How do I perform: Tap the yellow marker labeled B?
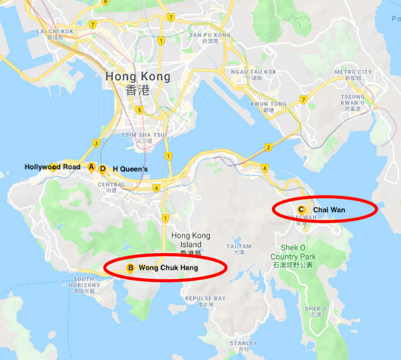tap(129, 268)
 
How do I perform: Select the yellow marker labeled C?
tap(301, 209)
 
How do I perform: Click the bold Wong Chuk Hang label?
tap(168, 268)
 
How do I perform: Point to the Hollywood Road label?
tap(53, 167)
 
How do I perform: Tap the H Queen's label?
tap(130, 169)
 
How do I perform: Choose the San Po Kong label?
tap(210, 35)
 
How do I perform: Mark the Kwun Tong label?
tap(268, 104)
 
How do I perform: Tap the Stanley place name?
tap(243, 344)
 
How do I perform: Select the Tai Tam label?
tap(238, 246)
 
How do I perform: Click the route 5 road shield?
tap(139, 110)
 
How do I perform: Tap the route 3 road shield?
tap(96, 143)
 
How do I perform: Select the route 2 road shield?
tap(268, 147)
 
